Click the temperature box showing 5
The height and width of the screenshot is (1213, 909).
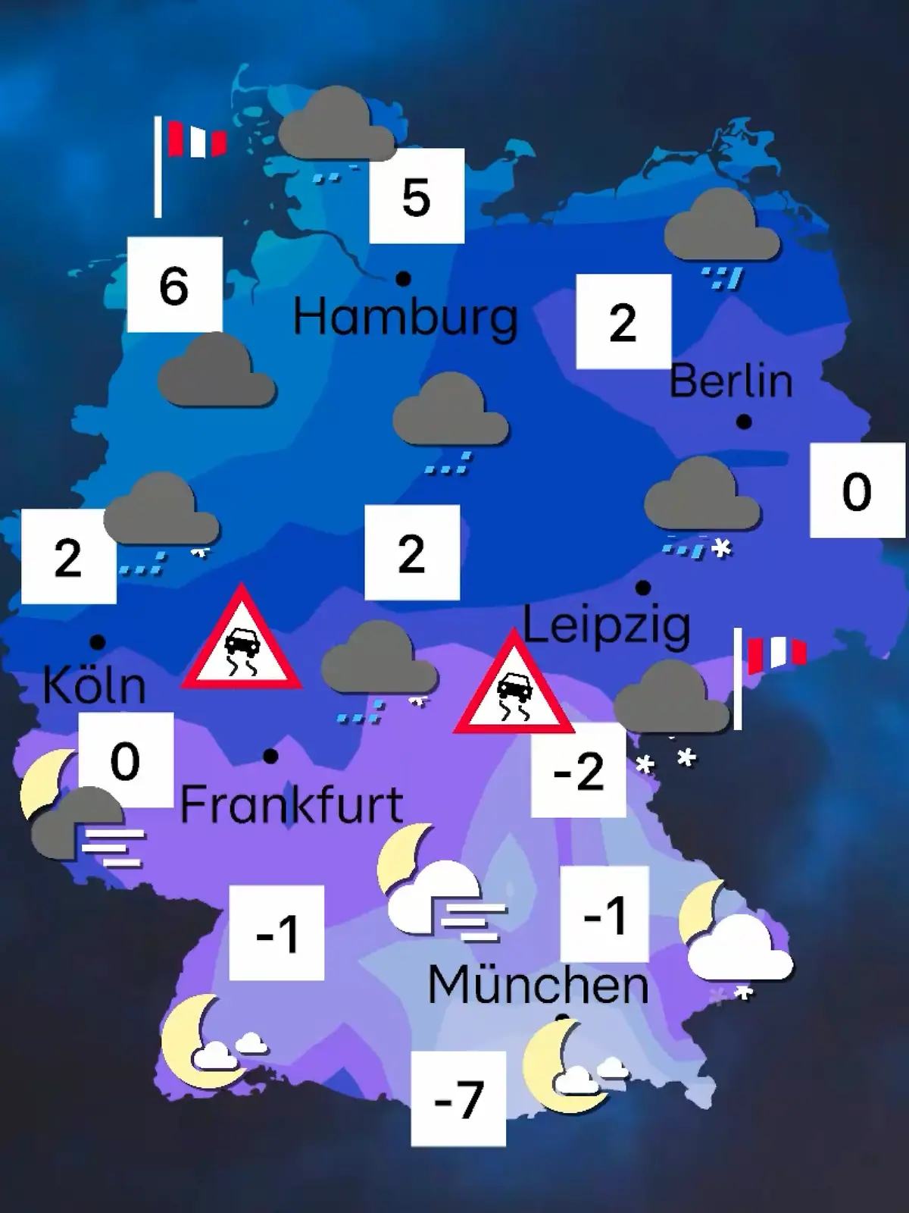click(417, 196)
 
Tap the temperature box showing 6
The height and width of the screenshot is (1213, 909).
click(174, 284)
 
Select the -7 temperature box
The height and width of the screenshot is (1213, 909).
click(458, 1099)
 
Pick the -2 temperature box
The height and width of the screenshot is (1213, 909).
click(579, 770)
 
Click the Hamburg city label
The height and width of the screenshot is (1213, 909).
click(405, 317)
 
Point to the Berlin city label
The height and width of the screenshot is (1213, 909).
click(731, 381)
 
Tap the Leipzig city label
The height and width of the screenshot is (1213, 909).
click(607, 626)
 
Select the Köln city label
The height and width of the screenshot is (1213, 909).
click(94, 685)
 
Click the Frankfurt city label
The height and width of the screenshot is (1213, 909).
click(292, 804)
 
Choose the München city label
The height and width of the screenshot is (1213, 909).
click(538, 985)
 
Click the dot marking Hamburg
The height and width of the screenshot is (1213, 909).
click(404, 279)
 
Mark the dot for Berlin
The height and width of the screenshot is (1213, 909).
click(744, 422)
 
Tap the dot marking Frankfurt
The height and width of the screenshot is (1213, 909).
click(270, 756)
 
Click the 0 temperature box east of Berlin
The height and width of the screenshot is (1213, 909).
click(857, 491)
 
